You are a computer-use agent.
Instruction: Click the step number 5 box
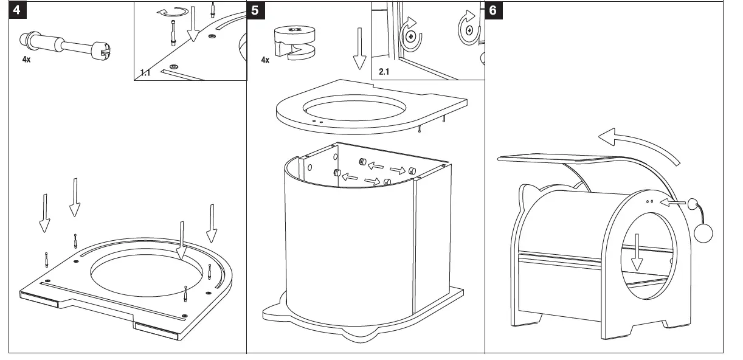tap(255, 11)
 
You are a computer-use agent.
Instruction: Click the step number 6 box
tap(493, 11)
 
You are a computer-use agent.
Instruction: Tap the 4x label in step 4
tap(26, 61)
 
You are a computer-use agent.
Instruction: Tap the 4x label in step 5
tap(265, 61)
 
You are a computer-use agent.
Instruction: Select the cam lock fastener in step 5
tap(295, 43)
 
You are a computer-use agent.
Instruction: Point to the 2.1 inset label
tap(384, 72)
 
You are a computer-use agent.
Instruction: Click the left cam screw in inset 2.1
tap(411, 36)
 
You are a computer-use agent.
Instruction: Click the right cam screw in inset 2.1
tap(468, 29)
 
